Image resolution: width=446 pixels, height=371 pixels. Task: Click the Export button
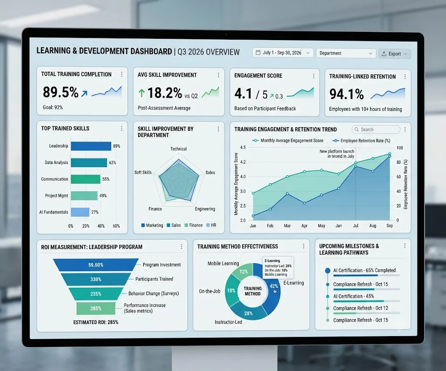(395, 54)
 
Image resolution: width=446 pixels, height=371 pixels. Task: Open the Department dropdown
(345, 53)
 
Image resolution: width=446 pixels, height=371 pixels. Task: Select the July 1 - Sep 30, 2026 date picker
(283, 53)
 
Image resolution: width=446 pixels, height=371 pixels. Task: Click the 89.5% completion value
(61, 92)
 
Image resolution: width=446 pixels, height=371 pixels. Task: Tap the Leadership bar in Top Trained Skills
(91, 146)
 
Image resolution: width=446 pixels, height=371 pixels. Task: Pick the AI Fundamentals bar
(80, 212)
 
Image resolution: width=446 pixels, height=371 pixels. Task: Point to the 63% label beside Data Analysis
(112, 163)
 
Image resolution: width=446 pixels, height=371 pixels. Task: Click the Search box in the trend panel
(376, 129)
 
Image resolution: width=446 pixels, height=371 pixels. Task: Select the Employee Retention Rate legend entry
(362, 141)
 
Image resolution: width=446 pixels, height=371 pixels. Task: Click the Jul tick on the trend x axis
(355, 225)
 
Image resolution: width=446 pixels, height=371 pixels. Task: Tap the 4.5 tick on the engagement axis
(243, 147)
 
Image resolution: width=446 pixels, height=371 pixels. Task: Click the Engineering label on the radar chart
(205, 209)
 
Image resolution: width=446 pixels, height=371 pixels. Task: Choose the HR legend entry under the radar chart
(211, 225)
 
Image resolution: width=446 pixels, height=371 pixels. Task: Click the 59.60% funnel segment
(96, 265)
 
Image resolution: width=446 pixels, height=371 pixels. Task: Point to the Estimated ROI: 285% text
(96, 322)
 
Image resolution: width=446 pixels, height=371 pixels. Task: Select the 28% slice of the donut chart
(248, 312)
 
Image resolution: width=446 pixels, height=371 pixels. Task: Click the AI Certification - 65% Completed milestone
(365, 270)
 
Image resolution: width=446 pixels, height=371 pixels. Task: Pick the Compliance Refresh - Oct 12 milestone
(360, 308)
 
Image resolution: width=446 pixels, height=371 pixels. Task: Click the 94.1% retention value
(346, 94)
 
